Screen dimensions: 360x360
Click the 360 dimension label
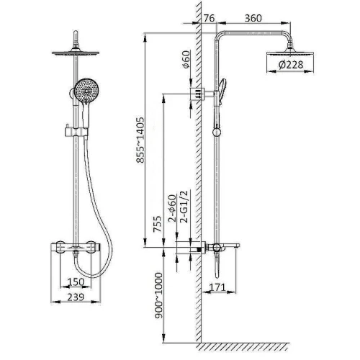click(x=253, y=18)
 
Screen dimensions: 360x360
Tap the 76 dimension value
click(x=210, y=18)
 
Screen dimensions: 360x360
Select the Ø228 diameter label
click(x=291, y=65)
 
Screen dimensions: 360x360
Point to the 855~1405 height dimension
click(x=140, y=140)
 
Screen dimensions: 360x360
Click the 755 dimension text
click(x=158, y=224)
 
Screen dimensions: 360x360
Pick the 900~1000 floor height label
click(x=158, y=295)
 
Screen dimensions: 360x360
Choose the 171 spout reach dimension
click(x=217, y=287)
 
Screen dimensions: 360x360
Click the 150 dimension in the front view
click(x=76, y=282)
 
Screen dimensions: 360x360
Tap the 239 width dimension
click(x=76, y=297)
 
